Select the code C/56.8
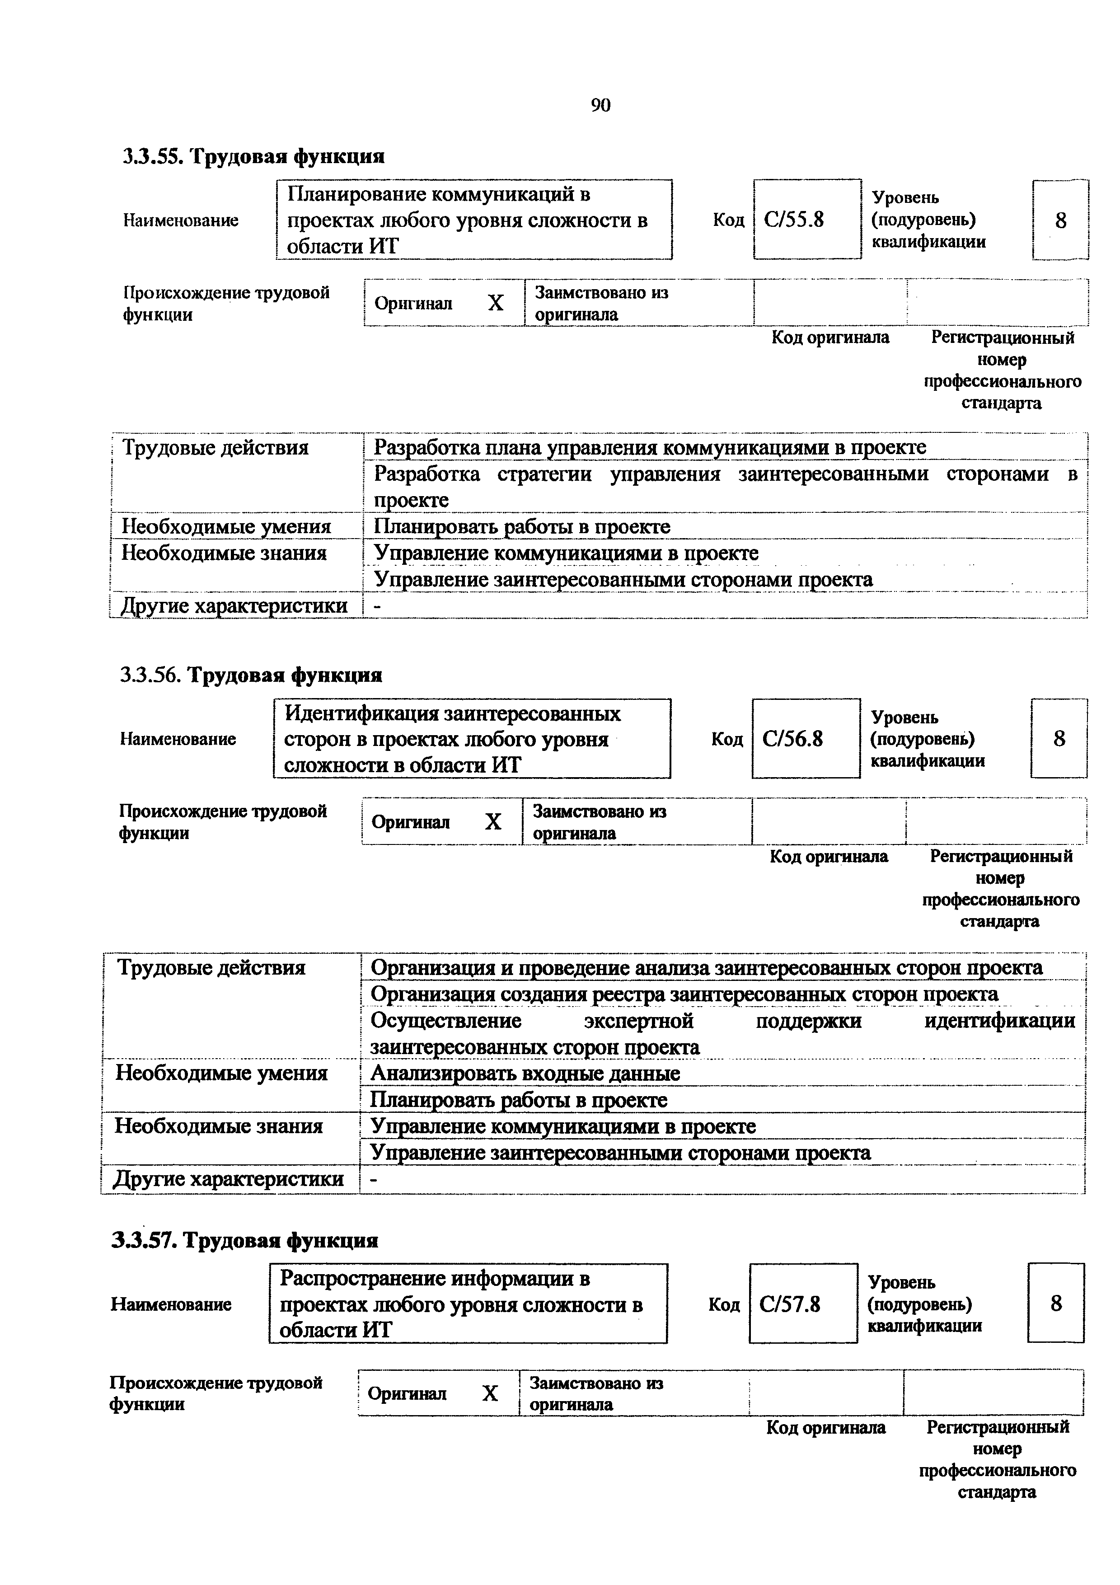(x=793, y=739)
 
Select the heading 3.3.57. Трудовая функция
(x=245, y=1241)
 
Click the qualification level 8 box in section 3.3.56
(x=1059, y=739)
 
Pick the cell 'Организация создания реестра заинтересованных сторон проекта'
(x=684, y=994)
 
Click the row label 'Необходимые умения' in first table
(x=226, y=527)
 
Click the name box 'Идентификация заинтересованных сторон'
(x=472, y=739)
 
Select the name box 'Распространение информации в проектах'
(x=468, y=1304)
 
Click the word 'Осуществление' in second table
(x=446, y=1020)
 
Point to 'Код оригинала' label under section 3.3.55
(x=830, y=338)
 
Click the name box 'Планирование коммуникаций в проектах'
(x=473, y=220)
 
